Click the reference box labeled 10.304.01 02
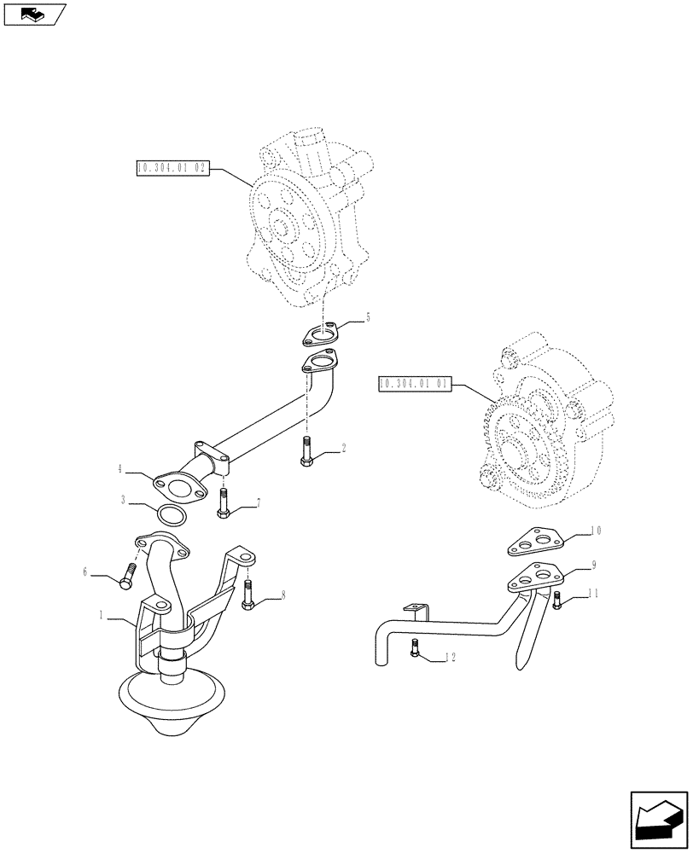pos(172,168)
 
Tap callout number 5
pos(367,317)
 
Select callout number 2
pos(343,447)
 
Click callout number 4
pos(122,468)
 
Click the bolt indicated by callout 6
pos(130,576)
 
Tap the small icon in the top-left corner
pos(34,13)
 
